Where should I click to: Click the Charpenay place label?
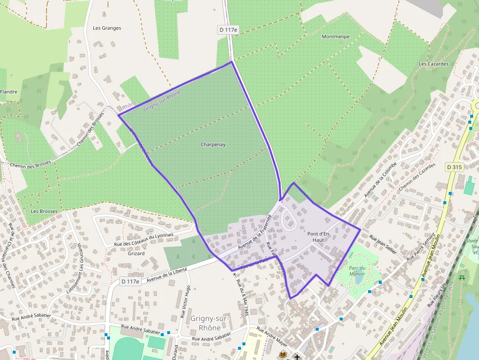(213, 145)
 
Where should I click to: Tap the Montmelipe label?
(335, 37)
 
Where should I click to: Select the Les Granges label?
(107, 28)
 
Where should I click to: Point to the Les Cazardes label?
(434, 64)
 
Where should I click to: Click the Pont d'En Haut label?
(318, 237)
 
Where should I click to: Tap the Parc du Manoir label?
(357, 271)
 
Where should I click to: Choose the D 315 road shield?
(454, 167)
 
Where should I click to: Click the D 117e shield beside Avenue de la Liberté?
(130, 281)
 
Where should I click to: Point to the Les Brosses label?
(44, 212)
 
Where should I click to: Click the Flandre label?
(9, 92)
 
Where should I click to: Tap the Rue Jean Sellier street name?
(383, 243)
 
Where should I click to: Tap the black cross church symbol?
(297, 357)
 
